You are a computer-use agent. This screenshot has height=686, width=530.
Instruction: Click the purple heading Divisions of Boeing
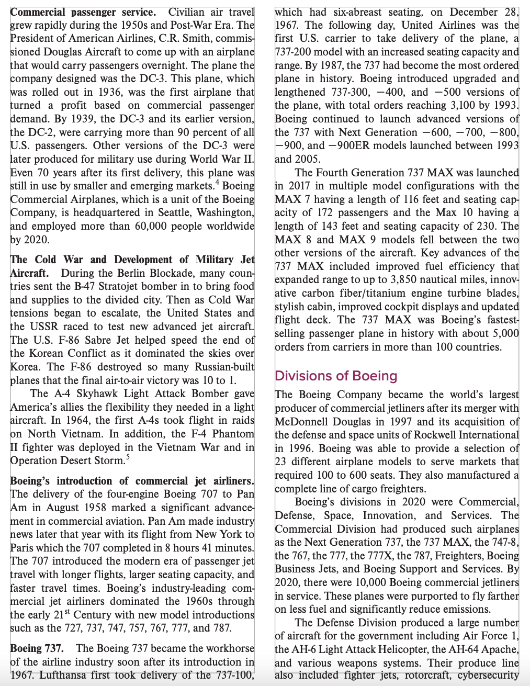336,376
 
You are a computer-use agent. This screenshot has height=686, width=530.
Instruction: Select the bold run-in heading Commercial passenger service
83,12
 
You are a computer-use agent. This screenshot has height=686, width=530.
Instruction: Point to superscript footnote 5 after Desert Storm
128,457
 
